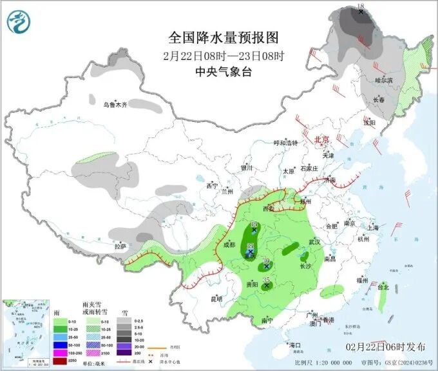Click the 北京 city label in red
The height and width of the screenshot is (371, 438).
(321, 139)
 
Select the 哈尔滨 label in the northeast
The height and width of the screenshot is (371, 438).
(384, 80)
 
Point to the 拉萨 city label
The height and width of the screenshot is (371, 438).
(120, 246)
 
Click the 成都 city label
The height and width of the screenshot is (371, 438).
(229, 245)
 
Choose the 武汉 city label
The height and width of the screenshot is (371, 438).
(314, 242)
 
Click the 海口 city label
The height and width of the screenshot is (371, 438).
(295, 345)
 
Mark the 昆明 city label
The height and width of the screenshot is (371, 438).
(216, 299)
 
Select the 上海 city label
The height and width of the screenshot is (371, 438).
(372, 227)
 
